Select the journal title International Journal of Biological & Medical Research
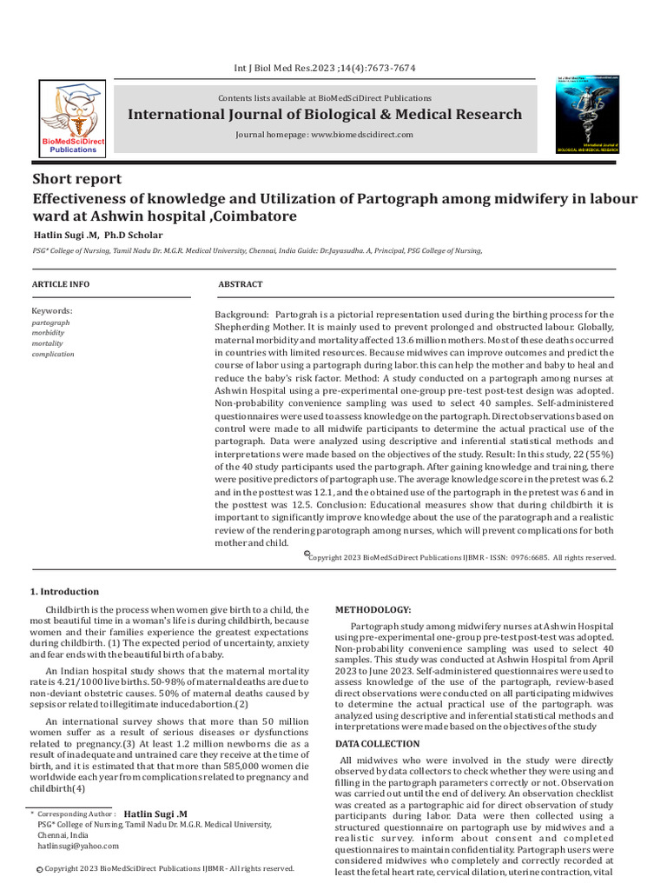click(x=325, y=115)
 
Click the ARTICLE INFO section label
click(x=62, y=284)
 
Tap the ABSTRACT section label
click(x=240, y=284)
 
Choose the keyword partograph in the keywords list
click(x=50, y=322)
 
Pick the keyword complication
click(x=53, y=354)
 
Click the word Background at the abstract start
click(x=241, y=314)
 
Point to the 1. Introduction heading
click(x=65, y=592)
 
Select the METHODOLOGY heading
click(x=373, y=610)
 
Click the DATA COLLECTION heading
click(x=378, y=720)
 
